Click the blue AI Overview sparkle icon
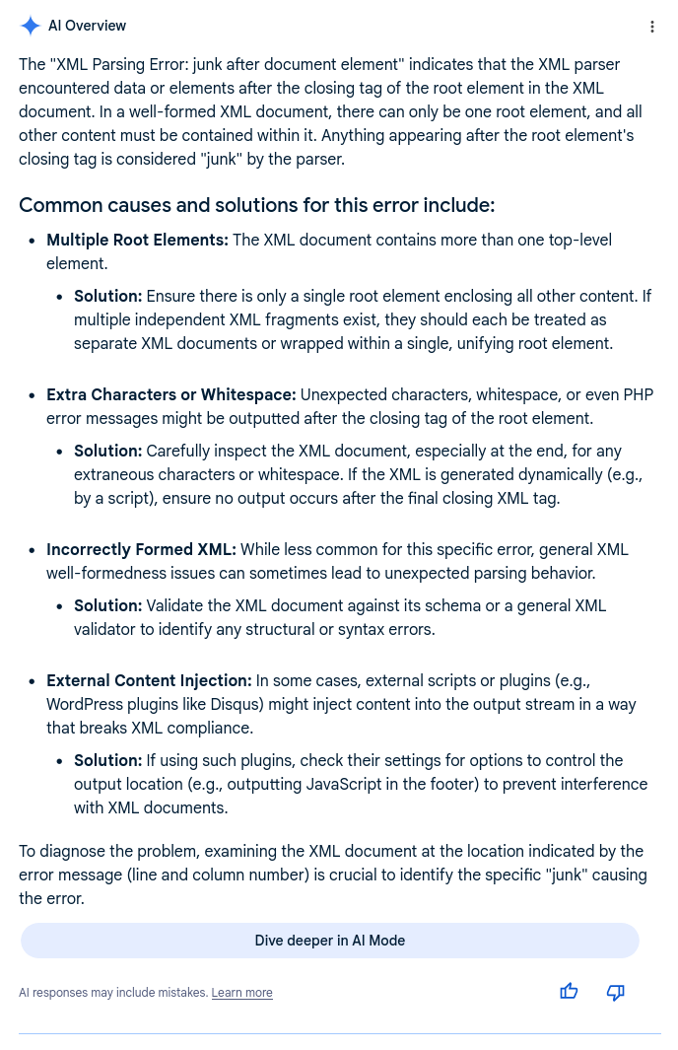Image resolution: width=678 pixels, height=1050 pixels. tap(31, 27)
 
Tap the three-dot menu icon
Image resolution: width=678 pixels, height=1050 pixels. tap(651, 27)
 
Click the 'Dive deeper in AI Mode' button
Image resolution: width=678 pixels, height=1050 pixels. tap(329, 941)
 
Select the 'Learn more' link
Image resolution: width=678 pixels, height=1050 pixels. tap(241, 993)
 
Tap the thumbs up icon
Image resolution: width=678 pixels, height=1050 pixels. tap(569, 992)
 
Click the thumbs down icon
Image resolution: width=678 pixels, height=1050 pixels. tap(616, 992)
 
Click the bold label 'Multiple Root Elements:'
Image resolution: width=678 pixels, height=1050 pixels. tap(137, 240)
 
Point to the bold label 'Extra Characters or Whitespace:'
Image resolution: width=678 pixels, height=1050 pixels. tap(170, 394)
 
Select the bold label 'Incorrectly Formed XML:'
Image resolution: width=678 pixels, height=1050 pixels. tap(141, 549)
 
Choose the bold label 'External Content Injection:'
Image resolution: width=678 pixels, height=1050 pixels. tap(149, 680)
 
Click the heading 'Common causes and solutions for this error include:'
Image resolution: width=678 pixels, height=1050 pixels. tap(256, 205)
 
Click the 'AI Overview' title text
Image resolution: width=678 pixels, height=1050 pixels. tap(87, 27)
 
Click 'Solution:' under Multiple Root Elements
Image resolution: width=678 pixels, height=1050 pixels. tap(108, 296)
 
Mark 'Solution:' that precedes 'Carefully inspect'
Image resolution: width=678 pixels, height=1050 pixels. tap(108, 451)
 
